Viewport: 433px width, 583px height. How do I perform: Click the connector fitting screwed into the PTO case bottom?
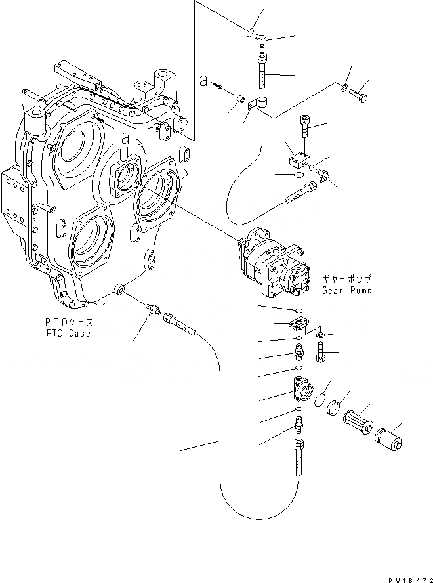coord(152,307)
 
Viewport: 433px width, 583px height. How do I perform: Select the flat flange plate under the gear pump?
coord(299,324)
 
